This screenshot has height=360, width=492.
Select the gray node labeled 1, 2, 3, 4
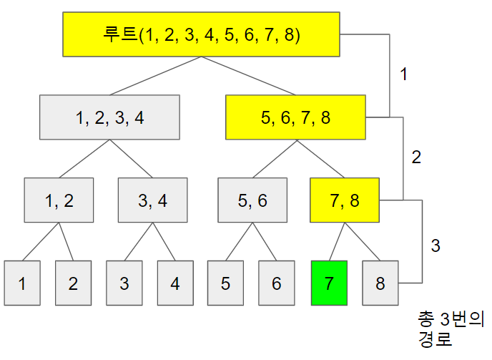109,118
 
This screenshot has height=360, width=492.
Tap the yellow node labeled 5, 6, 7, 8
295,118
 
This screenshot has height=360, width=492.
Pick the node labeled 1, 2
59,200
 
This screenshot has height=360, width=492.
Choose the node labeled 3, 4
152,200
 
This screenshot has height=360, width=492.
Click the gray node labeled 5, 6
252,200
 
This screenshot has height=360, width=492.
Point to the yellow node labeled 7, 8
345,200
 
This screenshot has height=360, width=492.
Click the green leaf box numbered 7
329,283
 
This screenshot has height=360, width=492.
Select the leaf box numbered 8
380,283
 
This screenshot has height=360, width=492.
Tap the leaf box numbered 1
22,283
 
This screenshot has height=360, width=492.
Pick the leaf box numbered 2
73,283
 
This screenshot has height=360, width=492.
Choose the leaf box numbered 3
124,283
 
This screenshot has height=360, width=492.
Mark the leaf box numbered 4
175,283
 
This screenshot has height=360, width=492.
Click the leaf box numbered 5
226,283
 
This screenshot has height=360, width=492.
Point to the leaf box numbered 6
277,283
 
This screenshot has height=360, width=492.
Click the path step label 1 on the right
404,74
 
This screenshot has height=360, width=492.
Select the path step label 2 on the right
416,158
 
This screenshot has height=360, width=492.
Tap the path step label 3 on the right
436,245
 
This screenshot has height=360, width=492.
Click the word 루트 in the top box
122,34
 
